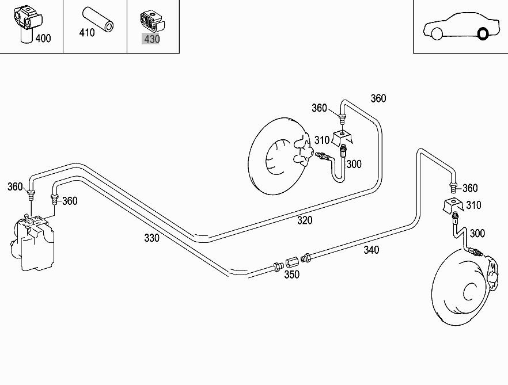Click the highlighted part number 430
pos(151,39)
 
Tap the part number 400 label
pos(43,39)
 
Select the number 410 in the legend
pos(86,33)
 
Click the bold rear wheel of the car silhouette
pos(483,34)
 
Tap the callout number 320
pos(305,220)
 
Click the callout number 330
pos(151,238)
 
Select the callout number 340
pos(371,250)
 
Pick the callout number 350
pos(291,275)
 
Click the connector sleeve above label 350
pos(292,261)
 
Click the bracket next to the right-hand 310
pos(453,205)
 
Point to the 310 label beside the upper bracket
pos(322,140)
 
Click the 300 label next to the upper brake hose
pos(354,164)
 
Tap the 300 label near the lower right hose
pos(477,233)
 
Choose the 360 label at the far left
pos(15,186)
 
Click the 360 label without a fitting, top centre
pos(378,98)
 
